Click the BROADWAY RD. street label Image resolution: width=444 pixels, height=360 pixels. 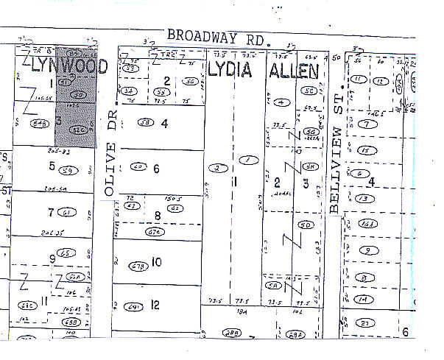[214, 35]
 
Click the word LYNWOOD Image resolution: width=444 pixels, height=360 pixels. [70, 67]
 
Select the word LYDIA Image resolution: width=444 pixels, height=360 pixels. [230, 71]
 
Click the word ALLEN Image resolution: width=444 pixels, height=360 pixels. [294, 71]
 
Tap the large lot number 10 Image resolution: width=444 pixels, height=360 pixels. [156, 262]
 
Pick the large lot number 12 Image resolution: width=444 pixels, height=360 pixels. [155, 305]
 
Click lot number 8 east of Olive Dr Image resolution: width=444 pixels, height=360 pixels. [157, 216]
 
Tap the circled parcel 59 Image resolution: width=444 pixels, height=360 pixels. [70, 171]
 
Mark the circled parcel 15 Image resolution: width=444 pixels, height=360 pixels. [363, 150]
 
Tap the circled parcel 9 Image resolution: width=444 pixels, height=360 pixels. [364, 250]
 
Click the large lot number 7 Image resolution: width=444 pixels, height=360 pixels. [50, 213]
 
